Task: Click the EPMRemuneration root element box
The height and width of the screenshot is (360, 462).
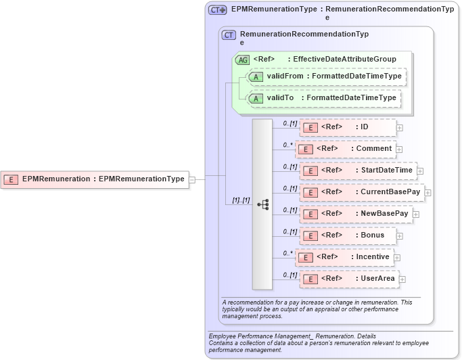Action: click(x=95, y=179)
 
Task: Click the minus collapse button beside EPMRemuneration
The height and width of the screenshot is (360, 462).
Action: click(x=192, y=179)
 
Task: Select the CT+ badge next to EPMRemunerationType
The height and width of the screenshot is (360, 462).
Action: click(x=217, y=10)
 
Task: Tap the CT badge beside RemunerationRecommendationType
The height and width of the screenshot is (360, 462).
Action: click(x=229, y=35)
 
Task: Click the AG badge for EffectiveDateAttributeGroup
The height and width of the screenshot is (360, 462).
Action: click(x=242, y=60)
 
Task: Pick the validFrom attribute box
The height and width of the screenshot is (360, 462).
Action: click(x=327, y=77)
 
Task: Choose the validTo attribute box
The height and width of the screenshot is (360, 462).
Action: click(x=324, y=99)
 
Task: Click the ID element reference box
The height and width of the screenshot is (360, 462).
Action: click(x=348, y=127)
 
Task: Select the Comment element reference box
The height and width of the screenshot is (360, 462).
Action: click(x=345, y=149)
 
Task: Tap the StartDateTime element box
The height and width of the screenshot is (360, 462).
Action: click(x=358, y=171)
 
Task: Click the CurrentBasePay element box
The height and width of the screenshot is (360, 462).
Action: click(x=362, y=193)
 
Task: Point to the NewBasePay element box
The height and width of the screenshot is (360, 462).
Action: click(x=356, y=215)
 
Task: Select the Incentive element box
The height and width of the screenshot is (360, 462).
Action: click(x=344, y=258)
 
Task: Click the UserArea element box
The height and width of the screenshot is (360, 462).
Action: click(x=348, y=279)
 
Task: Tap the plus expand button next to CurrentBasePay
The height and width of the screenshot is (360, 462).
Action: click(x=428, y=193)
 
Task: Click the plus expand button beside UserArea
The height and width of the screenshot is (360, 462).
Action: click(x=402, y=279)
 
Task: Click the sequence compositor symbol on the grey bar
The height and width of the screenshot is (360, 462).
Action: click(x=262, y=204)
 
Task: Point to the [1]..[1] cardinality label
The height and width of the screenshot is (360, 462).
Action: click(x=241, y=200)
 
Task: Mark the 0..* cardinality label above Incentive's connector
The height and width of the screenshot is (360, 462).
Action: click(x=288, y=253)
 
